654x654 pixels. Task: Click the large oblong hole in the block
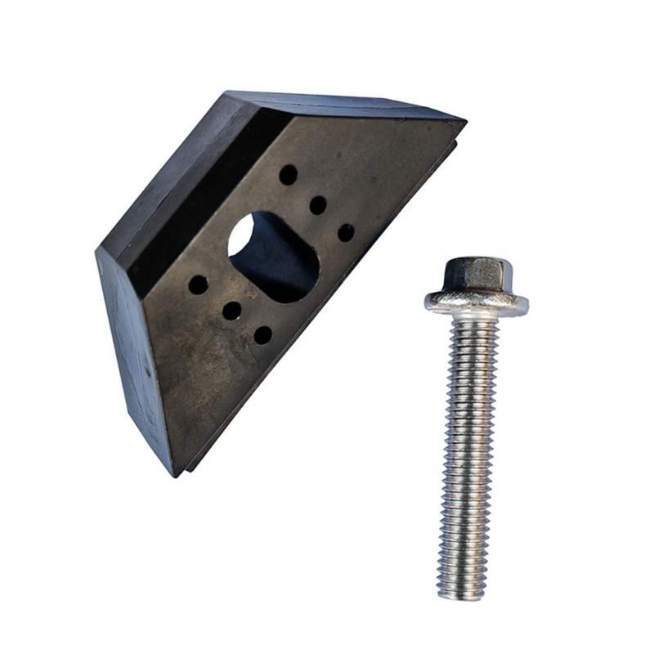pos(274,258)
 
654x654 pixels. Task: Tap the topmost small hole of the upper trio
pos(288,174)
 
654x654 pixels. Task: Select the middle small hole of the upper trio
pos(318,205)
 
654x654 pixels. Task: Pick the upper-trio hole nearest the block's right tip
pos(346,232)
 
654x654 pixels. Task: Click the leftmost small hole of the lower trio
pos(198,284)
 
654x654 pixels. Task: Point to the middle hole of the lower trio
pos(232,311)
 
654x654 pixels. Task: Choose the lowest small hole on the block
pos(262,334)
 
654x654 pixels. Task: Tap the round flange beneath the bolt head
pos(476,303)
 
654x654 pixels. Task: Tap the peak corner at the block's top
pos(227,92)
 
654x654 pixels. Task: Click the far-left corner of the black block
pos(97,249)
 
